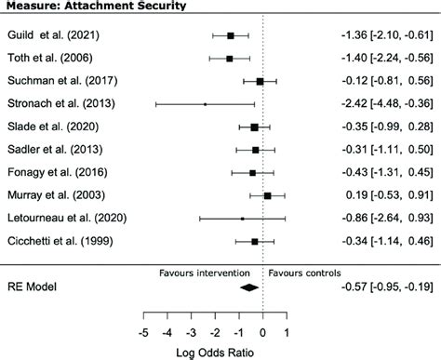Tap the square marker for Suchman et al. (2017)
click(260, 81)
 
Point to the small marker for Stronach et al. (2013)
click(205, 104)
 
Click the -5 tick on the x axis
click(143, 332)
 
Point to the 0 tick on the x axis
click(263, 332)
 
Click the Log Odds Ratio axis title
click(215, 352)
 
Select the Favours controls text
click(304, 273)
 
